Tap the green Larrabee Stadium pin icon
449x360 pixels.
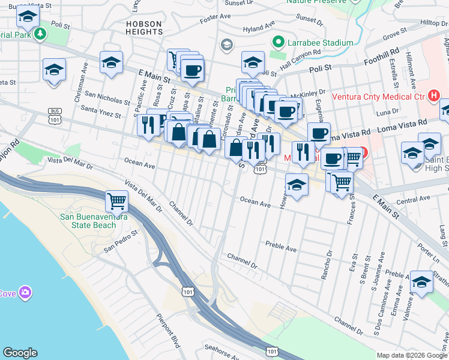click(277, 43)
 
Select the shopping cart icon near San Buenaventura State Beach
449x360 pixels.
click(116, 200)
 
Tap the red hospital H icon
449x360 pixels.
click(434, 95)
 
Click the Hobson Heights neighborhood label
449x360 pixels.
click(143, 28)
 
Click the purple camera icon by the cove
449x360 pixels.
click(25, 293)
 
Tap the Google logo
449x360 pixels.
click(20, 353)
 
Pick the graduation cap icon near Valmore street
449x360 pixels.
click(421, 281)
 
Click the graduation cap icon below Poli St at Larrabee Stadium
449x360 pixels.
click(253, 62)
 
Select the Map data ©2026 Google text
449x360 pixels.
click(412, 355)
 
